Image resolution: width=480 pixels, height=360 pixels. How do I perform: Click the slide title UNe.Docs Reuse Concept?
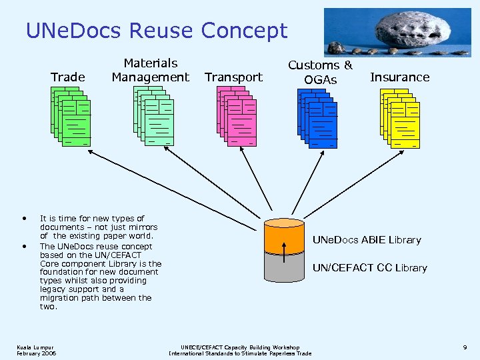coord(156,31)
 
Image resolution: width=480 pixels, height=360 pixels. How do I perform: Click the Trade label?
coord(68,77)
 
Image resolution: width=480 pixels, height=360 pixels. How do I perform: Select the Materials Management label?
coord(150,70)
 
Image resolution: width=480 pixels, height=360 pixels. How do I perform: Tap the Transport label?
coord(233,77)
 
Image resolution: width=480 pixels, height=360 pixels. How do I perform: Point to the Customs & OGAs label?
coord(320,72)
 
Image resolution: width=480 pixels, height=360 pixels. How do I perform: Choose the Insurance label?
coord(399,77)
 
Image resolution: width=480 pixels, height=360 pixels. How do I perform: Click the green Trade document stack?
coord(71,117)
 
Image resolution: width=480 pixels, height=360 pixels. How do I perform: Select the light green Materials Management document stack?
coord(153,117)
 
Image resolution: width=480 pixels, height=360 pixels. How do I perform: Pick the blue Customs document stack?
coord(317,118)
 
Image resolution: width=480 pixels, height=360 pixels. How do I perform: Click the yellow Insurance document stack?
coord(399,118)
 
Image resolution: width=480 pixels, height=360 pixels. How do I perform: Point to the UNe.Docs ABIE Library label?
coord(367,240)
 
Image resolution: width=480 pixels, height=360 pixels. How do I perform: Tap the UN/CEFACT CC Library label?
coord(370,268)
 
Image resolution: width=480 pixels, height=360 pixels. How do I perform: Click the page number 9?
coord(464,347)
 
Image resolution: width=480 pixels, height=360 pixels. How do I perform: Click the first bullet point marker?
coord(25,218)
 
